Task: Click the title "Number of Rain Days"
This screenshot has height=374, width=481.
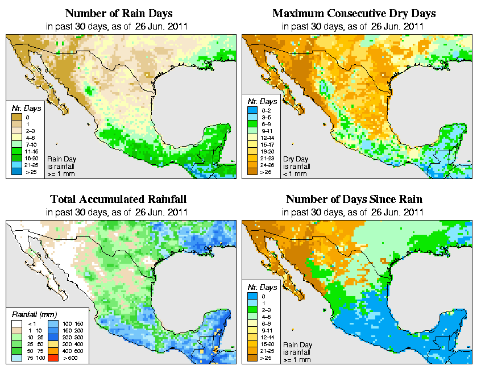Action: point(118,13)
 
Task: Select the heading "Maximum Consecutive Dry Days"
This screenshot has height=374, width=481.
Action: point(354,13)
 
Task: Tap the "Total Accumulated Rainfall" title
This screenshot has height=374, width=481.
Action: point(118,200)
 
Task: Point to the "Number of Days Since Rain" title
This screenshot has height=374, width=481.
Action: point(354,200)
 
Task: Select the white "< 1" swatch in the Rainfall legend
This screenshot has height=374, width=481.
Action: point(16,323)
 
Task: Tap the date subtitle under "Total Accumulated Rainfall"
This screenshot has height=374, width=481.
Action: point(118,213)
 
